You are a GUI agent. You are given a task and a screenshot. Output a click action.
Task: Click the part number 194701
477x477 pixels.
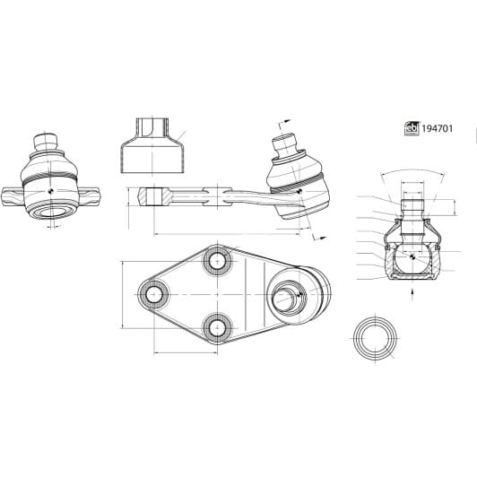[x=438, y=129]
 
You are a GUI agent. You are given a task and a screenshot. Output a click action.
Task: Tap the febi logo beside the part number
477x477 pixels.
[x=412, y=129]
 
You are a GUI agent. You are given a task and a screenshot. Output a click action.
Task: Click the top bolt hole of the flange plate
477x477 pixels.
[x=217, y=261]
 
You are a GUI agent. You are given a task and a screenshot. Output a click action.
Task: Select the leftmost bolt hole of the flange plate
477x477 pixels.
[x=153, y=294]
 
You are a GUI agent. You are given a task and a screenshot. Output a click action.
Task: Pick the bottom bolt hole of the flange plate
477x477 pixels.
[x=217, y=327]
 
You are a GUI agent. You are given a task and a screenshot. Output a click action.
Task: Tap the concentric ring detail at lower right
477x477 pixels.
[x=376, y=338]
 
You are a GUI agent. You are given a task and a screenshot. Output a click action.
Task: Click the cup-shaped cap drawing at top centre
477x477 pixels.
[x=152, y=145]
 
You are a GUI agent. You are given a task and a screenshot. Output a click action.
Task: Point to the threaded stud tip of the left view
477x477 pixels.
[x=46, y=142]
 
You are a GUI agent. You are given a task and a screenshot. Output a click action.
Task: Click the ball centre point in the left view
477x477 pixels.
[x=51, y=191]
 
